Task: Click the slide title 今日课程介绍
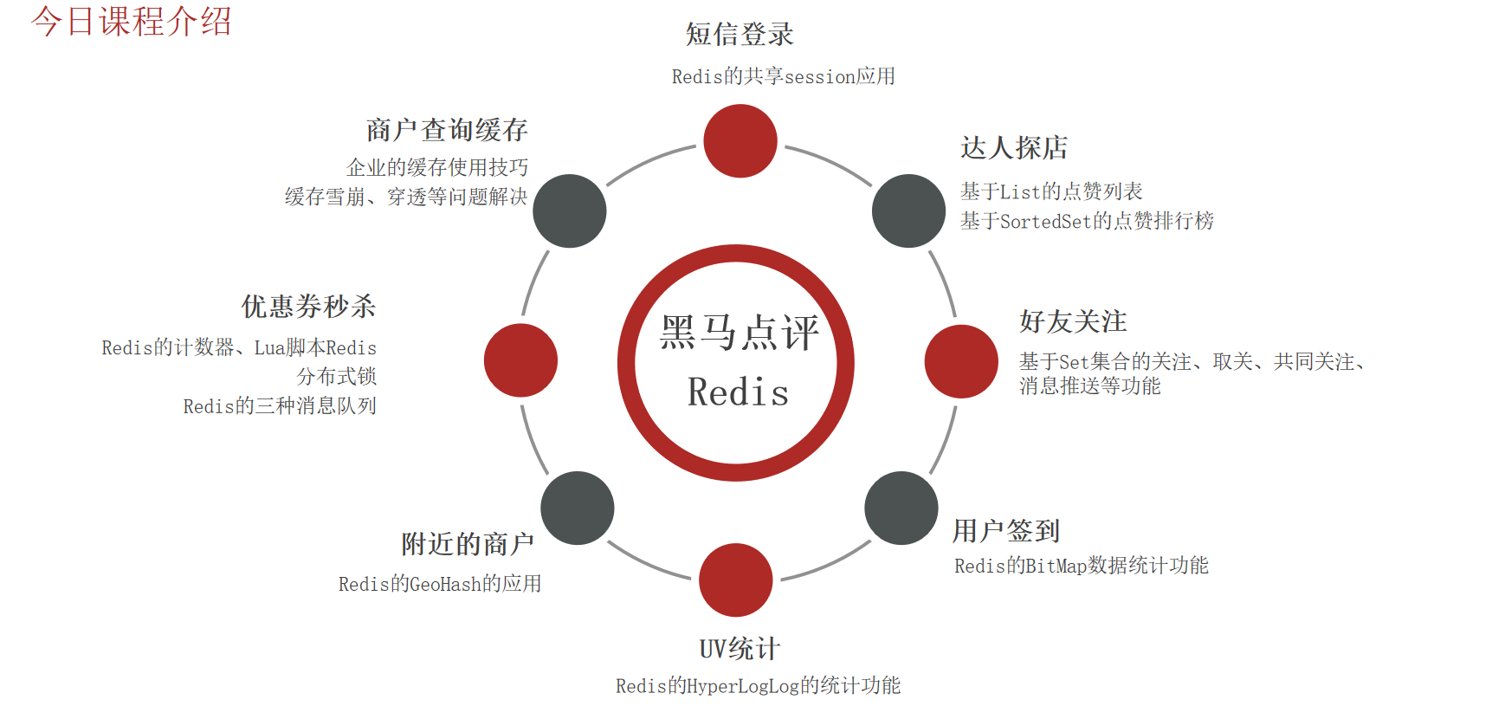click(x=132, y=22)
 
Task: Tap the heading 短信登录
click(x=740, y=35)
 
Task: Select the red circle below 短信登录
click(x=740, y=141)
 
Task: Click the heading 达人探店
click(x=1014, y=148)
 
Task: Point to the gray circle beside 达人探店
click(x=908, y=211)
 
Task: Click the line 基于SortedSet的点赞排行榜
click(x=1087, y=222)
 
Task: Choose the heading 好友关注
click(x=1073, y=322)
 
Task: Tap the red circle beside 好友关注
click(x=961, y=361)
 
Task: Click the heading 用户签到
click(x=1006, y=531)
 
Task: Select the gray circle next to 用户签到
click(x=901, y=508)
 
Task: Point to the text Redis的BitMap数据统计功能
click(x=1081, y=567)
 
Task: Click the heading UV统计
click(x=740, y=649)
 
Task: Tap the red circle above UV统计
click(x=736, y=580)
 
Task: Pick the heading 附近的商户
click(x=468, y=544)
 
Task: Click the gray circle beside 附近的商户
click(x=578, y=508)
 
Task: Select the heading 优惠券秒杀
click(x=308, y=307)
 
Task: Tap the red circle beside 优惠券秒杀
click(x=520, y=360)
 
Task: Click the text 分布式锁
click(x=337, y=377)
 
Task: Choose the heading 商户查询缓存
click(x=447, y=131)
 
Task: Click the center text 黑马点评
click(x=739, y=333)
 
